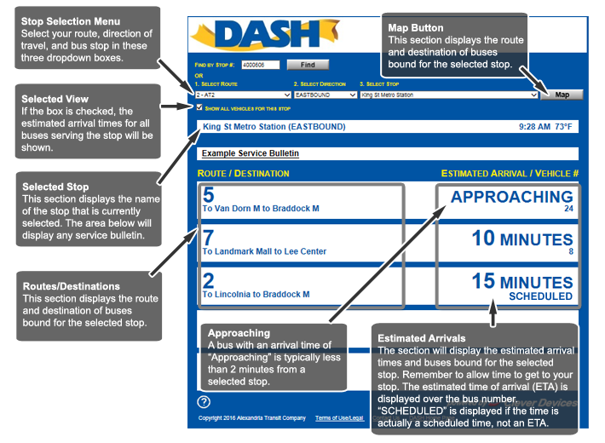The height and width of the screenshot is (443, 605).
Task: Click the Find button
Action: (308, 64)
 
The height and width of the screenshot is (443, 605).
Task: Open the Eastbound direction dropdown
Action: (326, 95)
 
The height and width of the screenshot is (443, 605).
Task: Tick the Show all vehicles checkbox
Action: (199, 107)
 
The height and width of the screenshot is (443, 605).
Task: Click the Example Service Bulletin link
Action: (251, 153)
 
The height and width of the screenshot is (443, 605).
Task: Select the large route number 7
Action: (208, 238)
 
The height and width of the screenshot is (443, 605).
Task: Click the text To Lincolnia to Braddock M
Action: (256, 294)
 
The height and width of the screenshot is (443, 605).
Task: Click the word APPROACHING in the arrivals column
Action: (512, 197)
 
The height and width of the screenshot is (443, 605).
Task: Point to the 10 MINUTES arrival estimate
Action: (522, 239)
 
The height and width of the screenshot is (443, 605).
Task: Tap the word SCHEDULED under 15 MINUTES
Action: (540, 296)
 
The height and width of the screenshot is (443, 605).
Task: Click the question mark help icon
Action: (204, 402)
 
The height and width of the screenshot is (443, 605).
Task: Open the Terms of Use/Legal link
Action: (339, 418)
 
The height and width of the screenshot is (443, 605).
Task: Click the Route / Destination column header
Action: (244, 174)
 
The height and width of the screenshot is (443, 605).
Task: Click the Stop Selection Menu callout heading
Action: (70, 20)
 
